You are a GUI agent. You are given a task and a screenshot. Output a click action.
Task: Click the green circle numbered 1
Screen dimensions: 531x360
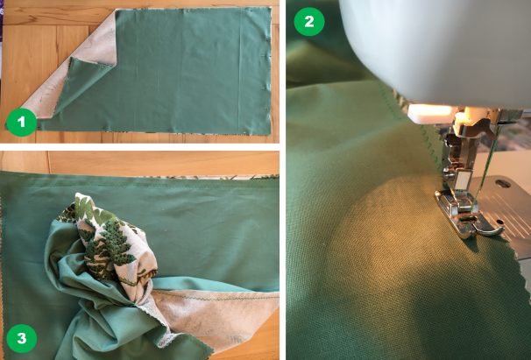tap(22, 122)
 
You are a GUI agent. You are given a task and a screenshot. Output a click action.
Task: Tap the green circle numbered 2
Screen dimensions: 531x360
tap(309, 21)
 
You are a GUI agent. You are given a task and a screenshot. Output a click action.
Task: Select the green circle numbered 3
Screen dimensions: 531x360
tap(22, 338)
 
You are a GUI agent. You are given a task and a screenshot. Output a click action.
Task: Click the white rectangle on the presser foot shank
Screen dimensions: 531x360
tap(464, 180)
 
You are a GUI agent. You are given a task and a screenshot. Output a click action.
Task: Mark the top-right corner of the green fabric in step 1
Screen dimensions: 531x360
tap(271, 7)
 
